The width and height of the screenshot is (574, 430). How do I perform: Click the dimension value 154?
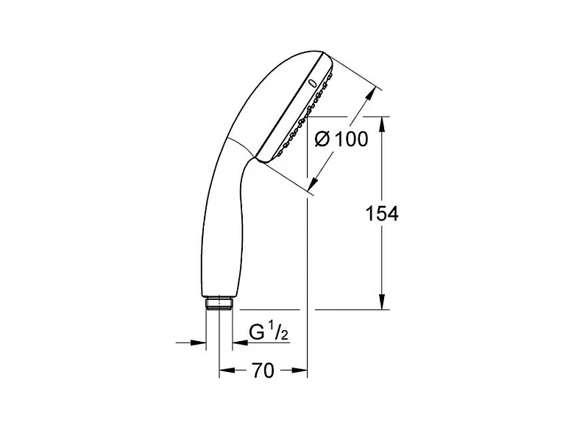click(x=382, y=214)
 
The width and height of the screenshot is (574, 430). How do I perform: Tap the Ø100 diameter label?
click(x=341, y=139)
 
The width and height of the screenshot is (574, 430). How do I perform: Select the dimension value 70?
click(x=263, y=370)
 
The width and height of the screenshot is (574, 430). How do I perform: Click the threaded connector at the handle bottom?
click(x=219, y=304)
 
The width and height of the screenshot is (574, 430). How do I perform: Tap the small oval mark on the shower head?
click(x=313, y=83)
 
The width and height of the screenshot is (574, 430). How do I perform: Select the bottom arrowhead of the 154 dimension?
click(x=382, y=302)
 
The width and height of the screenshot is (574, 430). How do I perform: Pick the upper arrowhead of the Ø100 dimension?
click(x=371, y=93)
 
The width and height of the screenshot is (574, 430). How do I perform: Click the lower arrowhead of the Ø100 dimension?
click(x=313, y=184)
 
